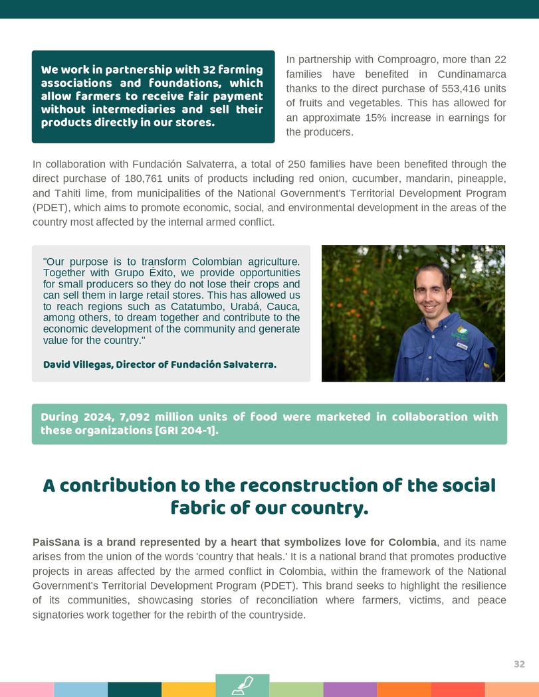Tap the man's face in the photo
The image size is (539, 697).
[431, 292]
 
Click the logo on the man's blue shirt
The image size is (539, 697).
[462, 332]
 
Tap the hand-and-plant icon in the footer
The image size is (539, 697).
[243, 685]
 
